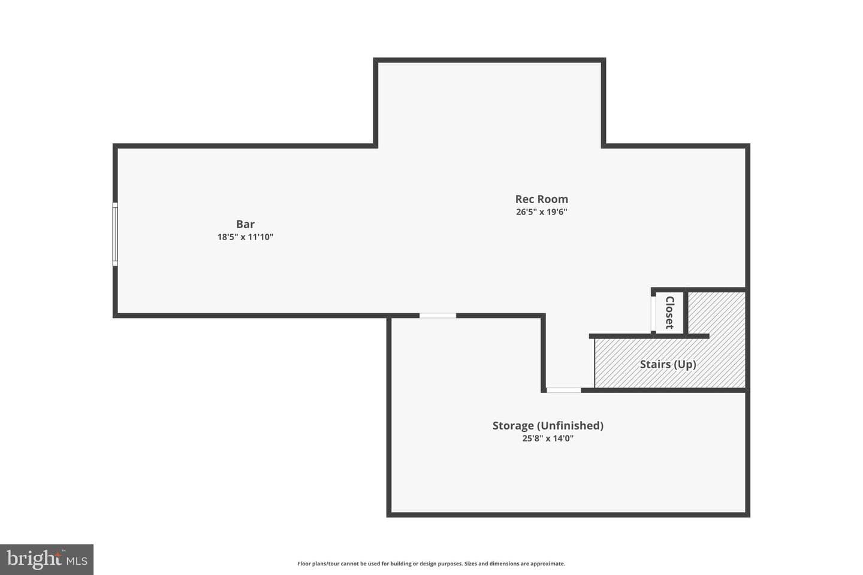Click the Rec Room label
[541, 199]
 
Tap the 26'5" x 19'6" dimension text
[541, 212]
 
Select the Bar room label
[246, 224]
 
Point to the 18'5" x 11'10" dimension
[246, 237]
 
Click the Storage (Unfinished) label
[548, 426]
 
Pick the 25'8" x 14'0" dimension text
[548, 438]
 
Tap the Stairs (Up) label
[668, 364]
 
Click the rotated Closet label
[670, 313]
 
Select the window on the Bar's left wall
[115, 234]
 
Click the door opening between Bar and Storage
[437, 316]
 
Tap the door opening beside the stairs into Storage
[563, 390]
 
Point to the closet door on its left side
[653, 314]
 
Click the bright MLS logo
[47, 559]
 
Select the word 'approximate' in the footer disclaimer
[548, 564]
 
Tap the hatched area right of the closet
[717, 313]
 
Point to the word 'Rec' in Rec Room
[524, 199]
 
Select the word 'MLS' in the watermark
[77, 561]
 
